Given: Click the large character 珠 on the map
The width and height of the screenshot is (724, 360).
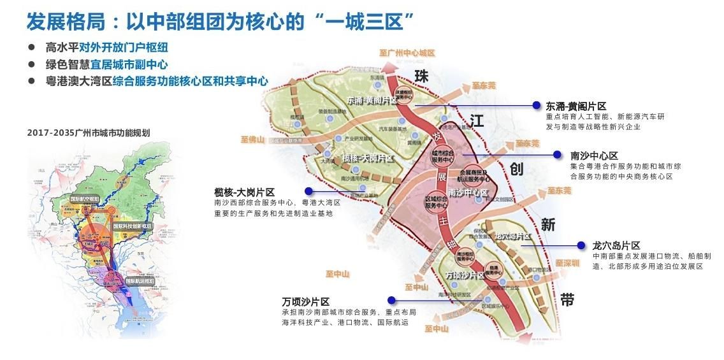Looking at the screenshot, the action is pyautogui.click(x=421, y=76).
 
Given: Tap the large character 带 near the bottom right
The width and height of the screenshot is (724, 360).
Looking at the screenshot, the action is pyautogui.click(x=567, y=299).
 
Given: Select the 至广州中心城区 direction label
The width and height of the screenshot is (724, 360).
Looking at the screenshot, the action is pyautogui.click(x=406, y=53).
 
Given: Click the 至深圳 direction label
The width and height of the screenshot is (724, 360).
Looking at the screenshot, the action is pyautogui.click(x=567, y=263).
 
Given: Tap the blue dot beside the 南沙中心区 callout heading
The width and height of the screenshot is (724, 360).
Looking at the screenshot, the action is pyautogui.click(x=557, y=154).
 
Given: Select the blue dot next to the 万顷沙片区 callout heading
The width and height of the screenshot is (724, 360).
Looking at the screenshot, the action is pyautogui.click(x=391, y=300).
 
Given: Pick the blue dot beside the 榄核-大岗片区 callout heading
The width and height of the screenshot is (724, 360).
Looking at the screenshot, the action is pyautogui.click(x=308, y=191).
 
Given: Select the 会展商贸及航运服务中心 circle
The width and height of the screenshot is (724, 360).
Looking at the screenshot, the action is pyautogui.click(x=472, y=175).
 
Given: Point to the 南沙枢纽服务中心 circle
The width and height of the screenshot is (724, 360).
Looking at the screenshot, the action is pyautogui.click(x=467, y=256).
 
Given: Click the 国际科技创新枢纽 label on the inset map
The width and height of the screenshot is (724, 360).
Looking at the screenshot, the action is pyautogui.click(x=132, y=226).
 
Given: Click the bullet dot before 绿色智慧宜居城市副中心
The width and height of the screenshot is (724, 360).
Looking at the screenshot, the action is pyautogui.click(x=32, y=64).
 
